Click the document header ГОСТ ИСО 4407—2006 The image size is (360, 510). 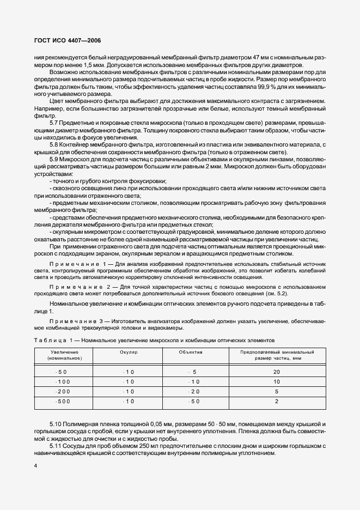[x=64, y=41]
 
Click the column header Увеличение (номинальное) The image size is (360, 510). [x=64, y=355]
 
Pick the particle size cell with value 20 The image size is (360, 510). [x=277, y=372]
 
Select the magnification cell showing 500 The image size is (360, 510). [x=64, y=401]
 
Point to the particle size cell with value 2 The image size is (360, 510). [x=277, y=401]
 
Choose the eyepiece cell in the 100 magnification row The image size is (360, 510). [x=129, y=381]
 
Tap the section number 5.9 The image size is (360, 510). [x=54, y=159]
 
